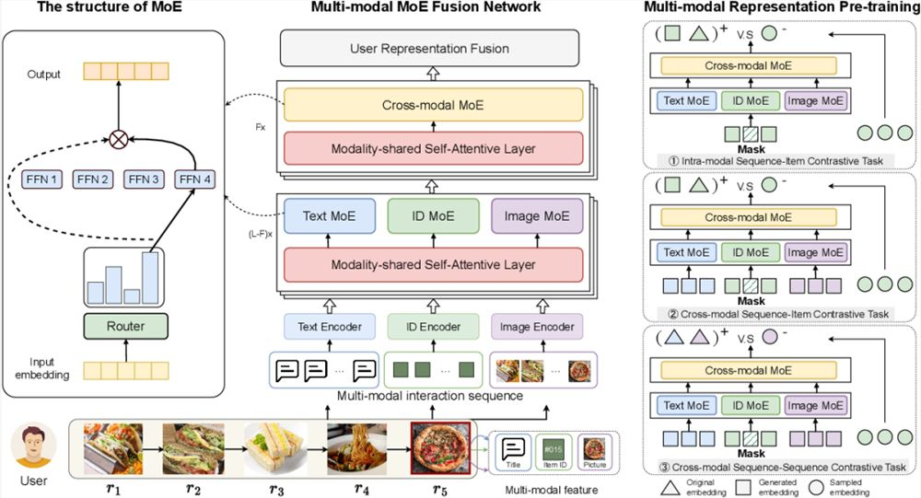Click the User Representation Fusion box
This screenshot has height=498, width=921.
429,48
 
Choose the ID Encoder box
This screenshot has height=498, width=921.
430,326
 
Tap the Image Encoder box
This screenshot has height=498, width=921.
537,326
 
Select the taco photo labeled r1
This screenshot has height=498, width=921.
112,447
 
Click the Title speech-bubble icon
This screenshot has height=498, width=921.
512,448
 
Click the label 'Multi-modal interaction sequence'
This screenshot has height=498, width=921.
430,395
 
